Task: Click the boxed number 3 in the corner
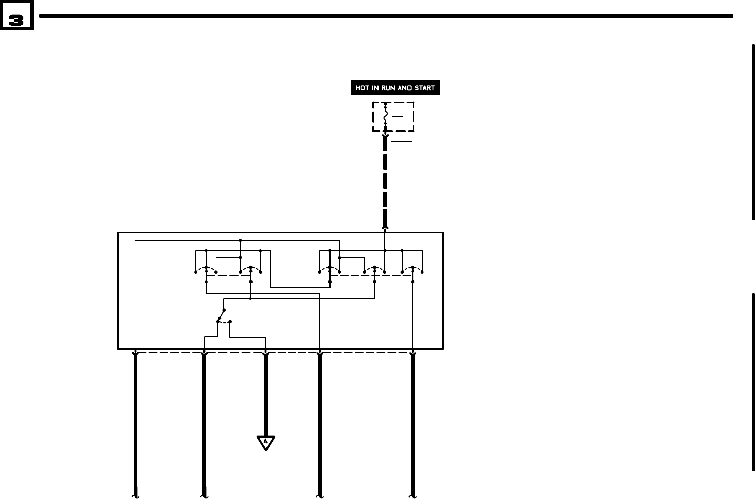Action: [x=16, y=20]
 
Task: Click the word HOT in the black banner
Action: [x=362, y=88]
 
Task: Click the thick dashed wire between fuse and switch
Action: [x=385, y=181]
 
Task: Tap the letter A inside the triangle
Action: [x=265, y=442]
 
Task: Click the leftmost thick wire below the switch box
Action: [x=135, y=424]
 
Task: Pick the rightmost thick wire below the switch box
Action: [x=413, y=424]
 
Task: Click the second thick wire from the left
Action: [x=205, y=424]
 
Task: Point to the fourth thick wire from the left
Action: [x=320, y=424]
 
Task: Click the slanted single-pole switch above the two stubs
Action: [x=221, y=315]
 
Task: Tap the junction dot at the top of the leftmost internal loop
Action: [x=240, y=240]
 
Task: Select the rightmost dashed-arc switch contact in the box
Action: [x=412, y=269]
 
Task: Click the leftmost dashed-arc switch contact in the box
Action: [x=206, y=269]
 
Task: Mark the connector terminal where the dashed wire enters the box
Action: [x=385, y=228]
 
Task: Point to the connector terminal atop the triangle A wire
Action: [x=265, y=354]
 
